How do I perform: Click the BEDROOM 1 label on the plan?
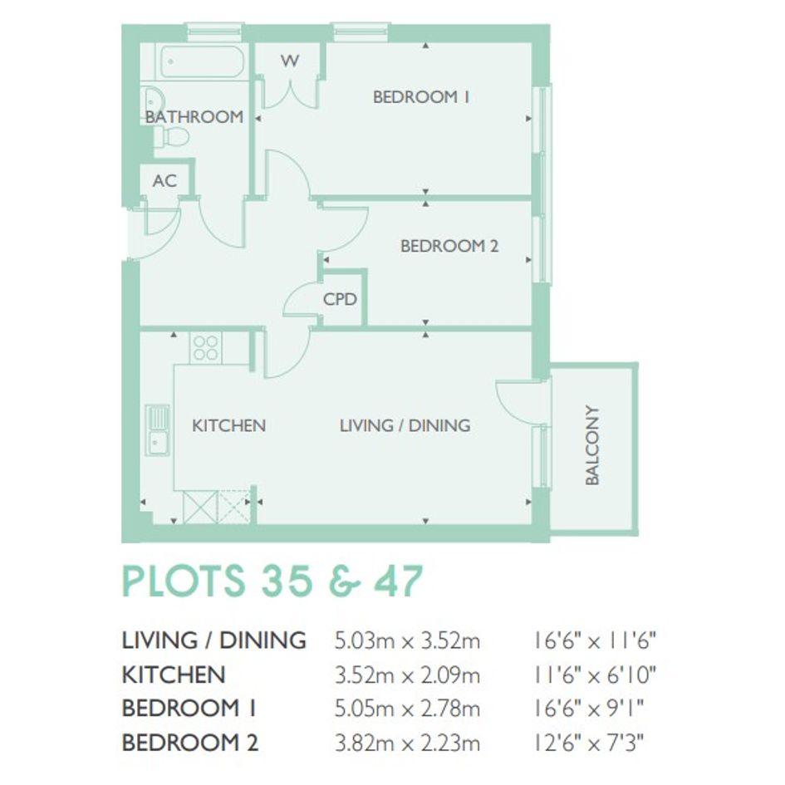(x=421, y=96)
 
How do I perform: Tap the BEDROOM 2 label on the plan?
(x=449, y=246)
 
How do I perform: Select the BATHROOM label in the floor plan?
(x=194, y=116)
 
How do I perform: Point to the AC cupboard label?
(x=164, y=181)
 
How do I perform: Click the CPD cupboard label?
(x=340, y=299)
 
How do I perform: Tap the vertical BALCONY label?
(x=592, y=445)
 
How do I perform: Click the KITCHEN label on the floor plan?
(x=228, y=425)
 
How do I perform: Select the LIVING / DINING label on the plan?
(x=405, y=425)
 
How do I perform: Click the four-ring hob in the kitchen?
(x=206, y=348)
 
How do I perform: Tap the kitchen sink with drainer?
(x=158, y=430)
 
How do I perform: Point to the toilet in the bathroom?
(x=171, y=136)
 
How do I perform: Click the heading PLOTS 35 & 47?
(x=272, y=581)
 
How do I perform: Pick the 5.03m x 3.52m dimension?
(x=407, y=640)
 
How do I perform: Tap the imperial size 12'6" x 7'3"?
(x=588, y=743)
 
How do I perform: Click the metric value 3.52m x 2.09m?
(x=407, y=675)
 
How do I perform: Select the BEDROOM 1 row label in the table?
(x=189, y=709)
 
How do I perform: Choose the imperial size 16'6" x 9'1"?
(x=588, y=709)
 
